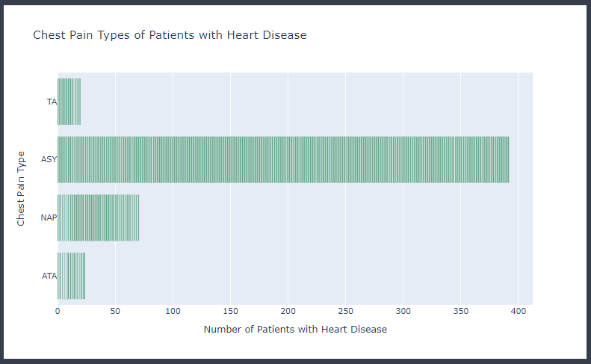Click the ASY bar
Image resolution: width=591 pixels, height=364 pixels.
283,159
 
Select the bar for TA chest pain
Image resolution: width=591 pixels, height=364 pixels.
69,102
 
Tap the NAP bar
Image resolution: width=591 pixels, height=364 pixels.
98,218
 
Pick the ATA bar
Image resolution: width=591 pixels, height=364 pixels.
71,276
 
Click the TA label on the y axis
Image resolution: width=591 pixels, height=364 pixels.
52,102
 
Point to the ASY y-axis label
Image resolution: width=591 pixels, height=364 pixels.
49,159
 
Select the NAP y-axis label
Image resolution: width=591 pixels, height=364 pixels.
49,218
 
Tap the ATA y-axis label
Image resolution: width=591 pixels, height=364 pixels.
49,276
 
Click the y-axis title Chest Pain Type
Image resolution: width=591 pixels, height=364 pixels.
22,188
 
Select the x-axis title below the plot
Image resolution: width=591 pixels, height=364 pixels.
295,329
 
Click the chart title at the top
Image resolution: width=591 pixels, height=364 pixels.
170,35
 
